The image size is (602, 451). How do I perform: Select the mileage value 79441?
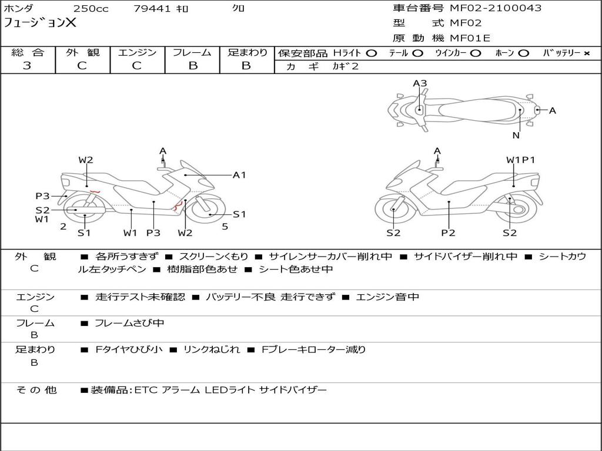tap(152, 9)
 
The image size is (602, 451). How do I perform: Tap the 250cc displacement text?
tap(91, 9)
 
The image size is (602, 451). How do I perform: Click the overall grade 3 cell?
tap(27, 66)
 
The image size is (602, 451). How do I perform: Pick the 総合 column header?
tap(27, 53)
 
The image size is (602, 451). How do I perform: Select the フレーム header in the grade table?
tap(192, 53)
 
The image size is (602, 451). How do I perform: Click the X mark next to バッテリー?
tap(586, 53)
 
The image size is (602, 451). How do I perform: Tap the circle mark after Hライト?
tap(372, 53)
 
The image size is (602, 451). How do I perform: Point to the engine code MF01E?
tap(470, 38)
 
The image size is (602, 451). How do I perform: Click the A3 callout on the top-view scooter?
tap(420, 83)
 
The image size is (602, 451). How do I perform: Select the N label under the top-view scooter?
tap(516, 136)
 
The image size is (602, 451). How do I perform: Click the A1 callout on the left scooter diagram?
tap(239, 174)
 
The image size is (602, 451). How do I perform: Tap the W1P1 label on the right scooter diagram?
tap(521, 160)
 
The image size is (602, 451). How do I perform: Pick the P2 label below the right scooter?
tap(449, 233)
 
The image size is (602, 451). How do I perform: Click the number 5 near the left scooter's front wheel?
tap(225, 226)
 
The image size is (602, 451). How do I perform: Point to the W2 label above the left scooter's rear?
tap(86, 160)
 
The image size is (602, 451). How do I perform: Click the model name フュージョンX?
tap(40, 23)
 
